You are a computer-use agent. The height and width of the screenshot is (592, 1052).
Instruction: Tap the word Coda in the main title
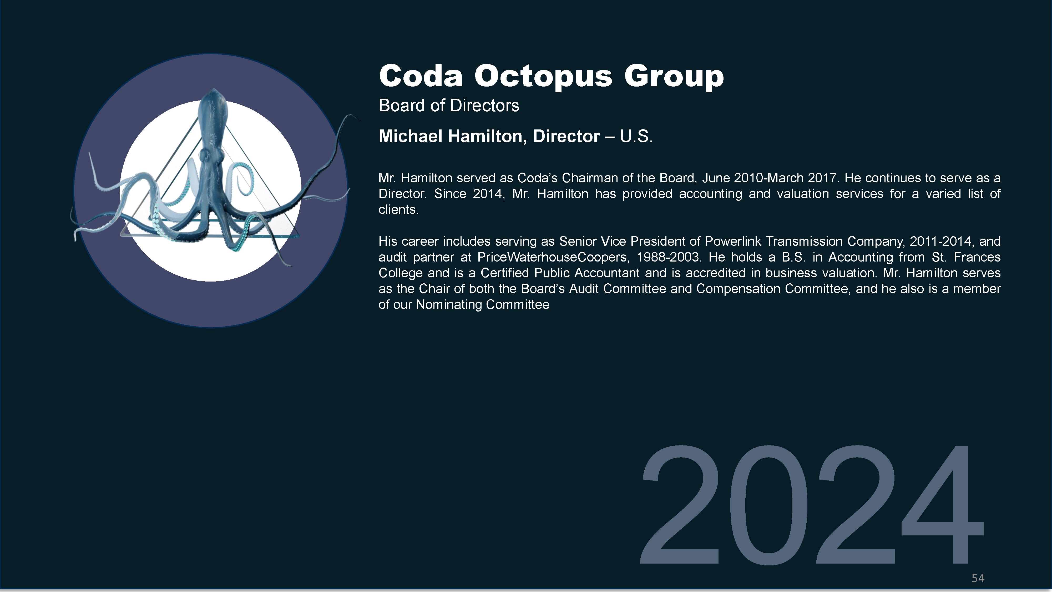coord(421,76)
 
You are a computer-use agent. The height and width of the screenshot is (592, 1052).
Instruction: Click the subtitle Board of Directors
coord(449,106)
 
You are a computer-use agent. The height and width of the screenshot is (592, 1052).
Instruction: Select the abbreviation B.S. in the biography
coord(793,257)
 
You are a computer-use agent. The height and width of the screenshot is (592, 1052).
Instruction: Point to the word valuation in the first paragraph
coord(803,194)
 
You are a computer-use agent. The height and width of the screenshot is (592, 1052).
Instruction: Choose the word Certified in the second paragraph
coord(504,273)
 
